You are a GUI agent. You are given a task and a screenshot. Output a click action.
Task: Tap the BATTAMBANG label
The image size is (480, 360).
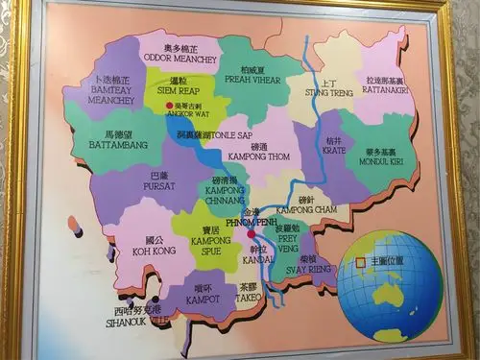[x=125, y=143]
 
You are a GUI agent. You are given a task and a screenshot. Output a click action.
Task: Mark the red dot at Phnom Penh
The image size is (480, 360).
[x=251, y=233]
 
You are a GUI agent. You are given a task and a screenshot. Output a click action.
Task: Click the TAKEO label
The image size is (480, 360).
[x=249, y=292]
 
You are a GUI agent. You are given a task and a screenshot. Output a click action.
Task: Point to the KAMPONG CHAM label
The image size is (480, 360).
[x=307, y=207]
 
